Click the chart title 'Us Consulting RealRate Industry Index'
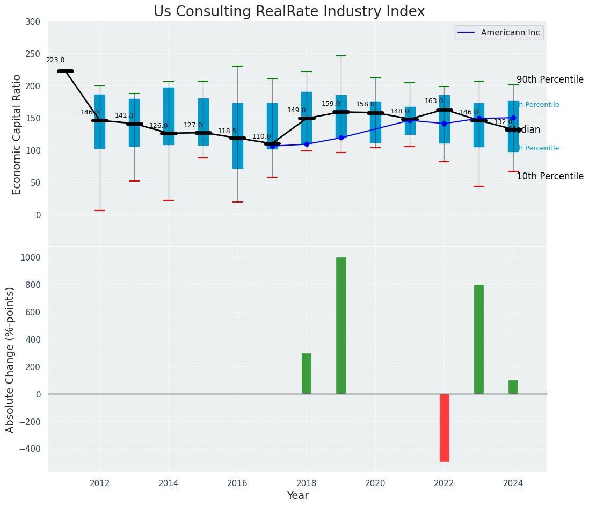tap(289, 12)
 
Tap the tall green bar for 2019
tap(341, 326)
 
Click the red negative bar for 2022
tap(444, 428)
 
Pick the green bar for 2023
tap(478, 339)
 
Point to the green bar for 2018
tap(307, 373)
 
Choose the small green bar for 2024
tap(513, 387)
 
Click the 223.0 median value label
tap(55, 61)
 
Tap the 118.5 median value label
tap(227, 131)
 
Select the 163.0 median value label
tap(434, 101)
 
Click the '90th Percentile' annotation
tap(550, 79)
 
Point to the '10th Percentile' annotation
tap(550, 176)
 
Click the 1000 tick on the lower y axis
tap(30, 257)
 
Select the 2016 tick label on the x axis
tap(237, 483)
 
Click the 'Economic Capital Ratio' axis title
tap(17, 134)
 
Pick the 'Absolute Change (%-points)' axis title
tap(10, 359)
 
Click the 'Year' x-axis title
tap(297, 496)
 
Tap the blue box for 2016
tap(237, 135)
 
